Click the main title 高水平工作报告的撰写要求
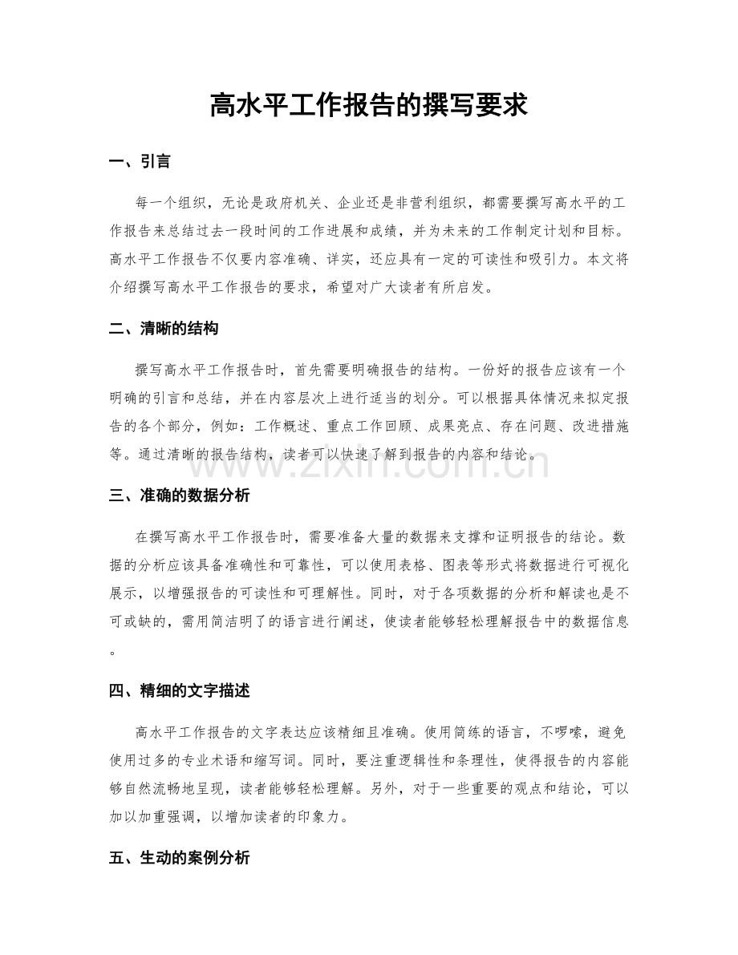368,105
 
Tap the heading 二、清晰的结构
163,329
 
